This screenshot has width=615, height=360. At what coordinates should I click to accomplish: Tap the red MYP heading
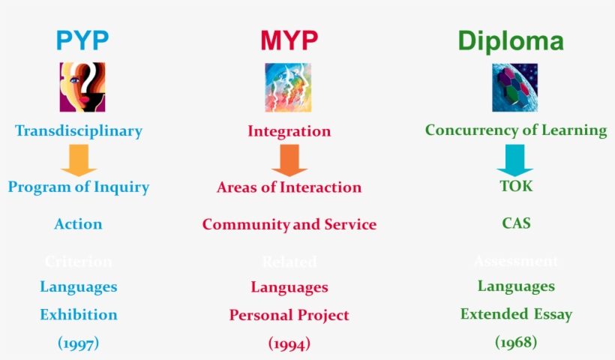289,40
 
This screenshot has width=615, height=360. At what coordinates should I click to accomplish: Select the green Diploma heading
511,40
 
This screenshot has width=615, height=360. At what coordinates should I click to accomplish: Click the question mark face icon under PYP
82,87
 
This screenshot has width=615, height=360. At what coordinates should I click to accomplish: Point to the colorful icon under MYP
288,87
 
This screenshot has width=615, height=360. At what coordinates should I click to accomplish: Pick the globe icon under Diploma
514,87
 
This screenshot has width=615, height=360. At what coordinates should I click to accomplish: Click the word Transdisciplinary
79,131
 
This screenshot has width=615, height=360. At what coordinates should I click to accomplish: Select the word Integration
289,131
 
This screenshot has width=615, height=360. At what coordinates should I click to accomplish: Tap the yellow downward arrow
79,160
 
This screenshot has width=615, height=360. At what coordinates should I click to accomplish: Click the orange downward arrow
289,160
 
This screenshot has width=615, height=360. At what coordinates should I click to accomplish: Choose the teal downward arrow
514,160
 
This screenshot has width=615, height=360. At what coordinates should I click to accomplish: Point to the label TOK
516,186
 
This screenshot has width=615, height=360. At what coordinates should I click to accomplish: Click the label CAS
516,223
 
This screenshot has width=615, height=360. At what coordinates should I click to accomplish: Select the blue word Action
78,224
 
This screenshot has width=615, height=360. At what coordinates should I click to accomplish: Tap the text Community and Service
289,224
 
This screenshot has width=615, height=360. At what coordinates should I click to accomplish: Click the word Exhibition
79,314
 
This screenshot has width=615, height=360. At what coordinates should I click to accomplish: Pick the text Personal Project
289,315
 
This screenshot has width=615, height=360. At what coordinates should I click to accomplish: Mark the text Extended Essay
516,314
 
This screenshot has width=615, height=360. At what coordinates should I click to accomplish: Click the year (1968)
516,342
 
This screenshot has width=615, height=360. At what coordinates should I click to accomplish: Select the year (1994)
289,343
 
